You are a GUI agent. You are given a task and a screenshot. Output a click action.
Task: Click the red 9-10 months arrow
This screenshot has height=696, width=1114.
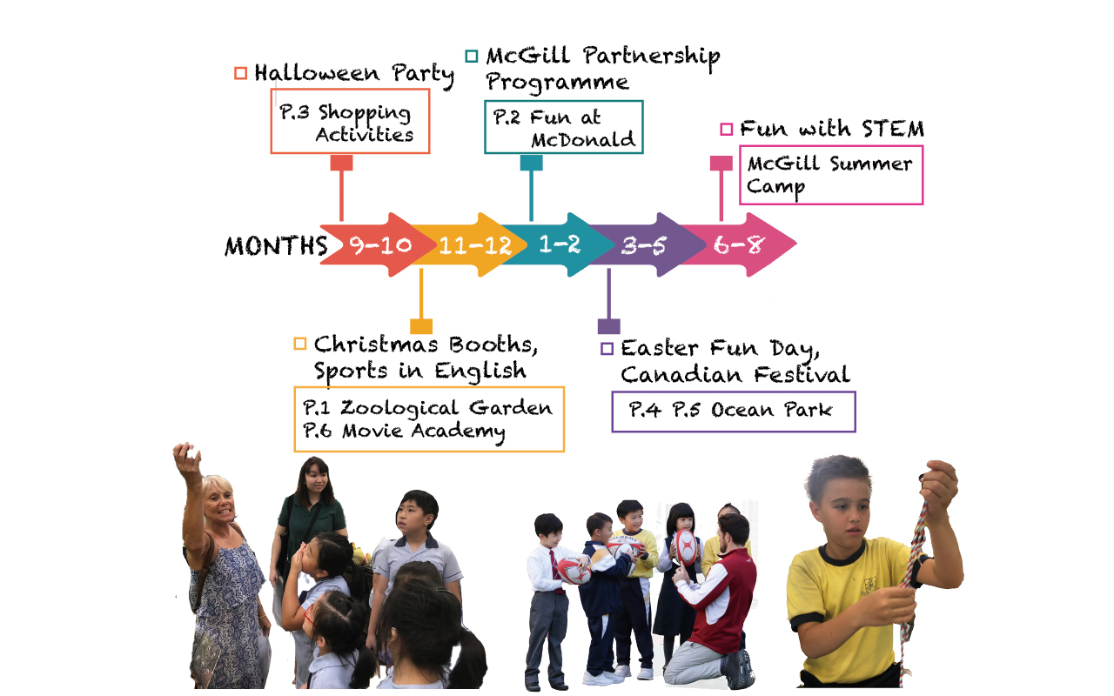tap(378, 244)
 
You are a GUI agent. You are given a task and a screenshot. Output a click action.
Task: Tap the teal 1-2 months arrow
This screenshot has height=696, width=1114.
tap(560, 244)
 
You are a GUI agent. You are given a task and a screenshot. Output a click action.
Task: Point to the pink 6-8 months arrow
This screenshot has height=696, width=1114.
tap(741, 244)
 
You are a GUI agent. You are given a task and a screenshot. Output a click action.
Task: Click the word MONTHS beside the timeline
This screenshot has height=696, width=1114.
tap(276, 245)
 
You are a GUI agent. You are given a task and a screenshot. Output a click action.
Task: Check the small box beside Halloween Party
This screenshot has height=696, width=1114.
tap(241, 73)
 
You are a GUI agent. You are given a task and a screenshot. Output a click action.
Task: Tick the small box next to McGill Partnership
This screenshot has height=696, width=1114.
tap(472, 56)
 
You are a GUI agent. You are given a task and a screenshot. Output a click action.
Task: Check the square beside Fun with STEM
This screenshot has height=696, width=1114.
tap(727, 130)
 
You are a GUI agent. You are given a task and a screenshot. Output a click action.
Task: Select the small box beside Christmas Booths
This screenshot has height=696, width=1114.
tap(300, 344)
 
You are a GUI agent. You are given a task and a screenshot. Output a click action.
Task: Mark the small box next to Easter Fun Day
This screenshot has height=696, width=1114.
tap(607, 349)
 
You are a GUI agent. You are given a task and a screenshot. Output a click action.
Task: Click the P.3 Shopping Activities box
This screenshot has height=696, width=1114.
tap(350, 121)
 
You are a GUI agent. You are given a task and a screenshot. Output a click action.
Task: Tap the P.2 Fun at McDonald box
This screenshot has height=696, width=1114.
tap(564, 127)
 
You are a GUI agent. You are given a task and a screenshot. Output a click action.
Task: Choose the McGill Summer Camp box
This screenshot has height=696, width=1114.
tap(831, 175)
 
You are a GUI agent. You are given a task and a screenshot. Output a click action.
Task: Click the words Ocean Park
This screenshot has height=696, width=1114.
tap(771, 410)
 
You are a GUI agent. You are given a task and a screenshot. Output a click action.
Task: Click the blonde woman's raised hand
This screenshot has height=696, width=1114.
tap(186, 458)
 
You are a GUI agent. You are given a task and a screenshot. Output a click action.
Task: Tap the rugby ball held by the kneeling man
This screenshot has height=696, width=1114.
tap(686, 547)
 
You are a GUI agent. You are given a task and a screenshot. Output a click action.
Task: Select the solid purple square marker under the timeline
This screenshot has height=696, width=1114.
tap(608, 326)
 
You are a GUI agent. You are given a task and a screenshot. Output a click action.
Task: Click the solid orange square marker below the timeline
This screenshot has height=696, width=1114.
tap(421, 326)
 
